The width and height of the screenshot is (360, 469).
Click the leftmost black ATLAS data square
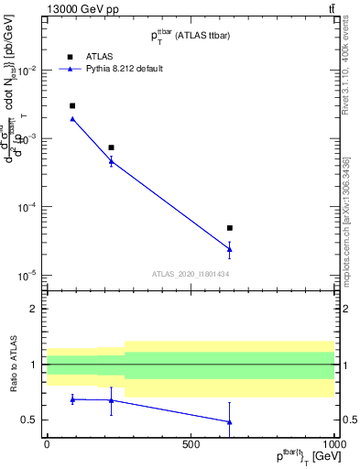tap(72, 106)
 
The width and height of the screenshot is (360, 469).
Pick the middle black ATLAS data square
tap(111, 147)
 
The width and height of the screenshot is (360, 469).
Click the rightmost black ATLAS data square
tap(230, 228)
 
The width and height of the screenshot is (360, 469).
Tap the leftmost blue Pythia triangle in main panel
tap(72, 119)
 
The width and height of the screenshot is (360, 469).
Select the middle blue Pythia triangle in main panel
tap(111, 161)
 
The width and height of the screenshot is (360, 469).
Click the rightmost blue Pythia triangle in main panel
tap(230, 248)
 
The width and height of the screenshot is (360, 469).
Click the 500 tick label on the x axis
tap(191, 444)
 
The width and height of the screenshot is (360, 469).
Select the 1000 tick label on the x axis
tap(333, 444)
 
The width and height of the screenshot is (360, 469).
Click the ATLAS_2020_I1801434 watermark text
tap(191, 274)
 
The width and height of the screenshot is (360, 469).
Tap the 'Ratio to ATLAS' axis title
tap(13, 364)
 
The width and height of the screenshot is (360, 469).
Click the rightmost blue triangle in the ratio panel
tap(230, 421)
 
